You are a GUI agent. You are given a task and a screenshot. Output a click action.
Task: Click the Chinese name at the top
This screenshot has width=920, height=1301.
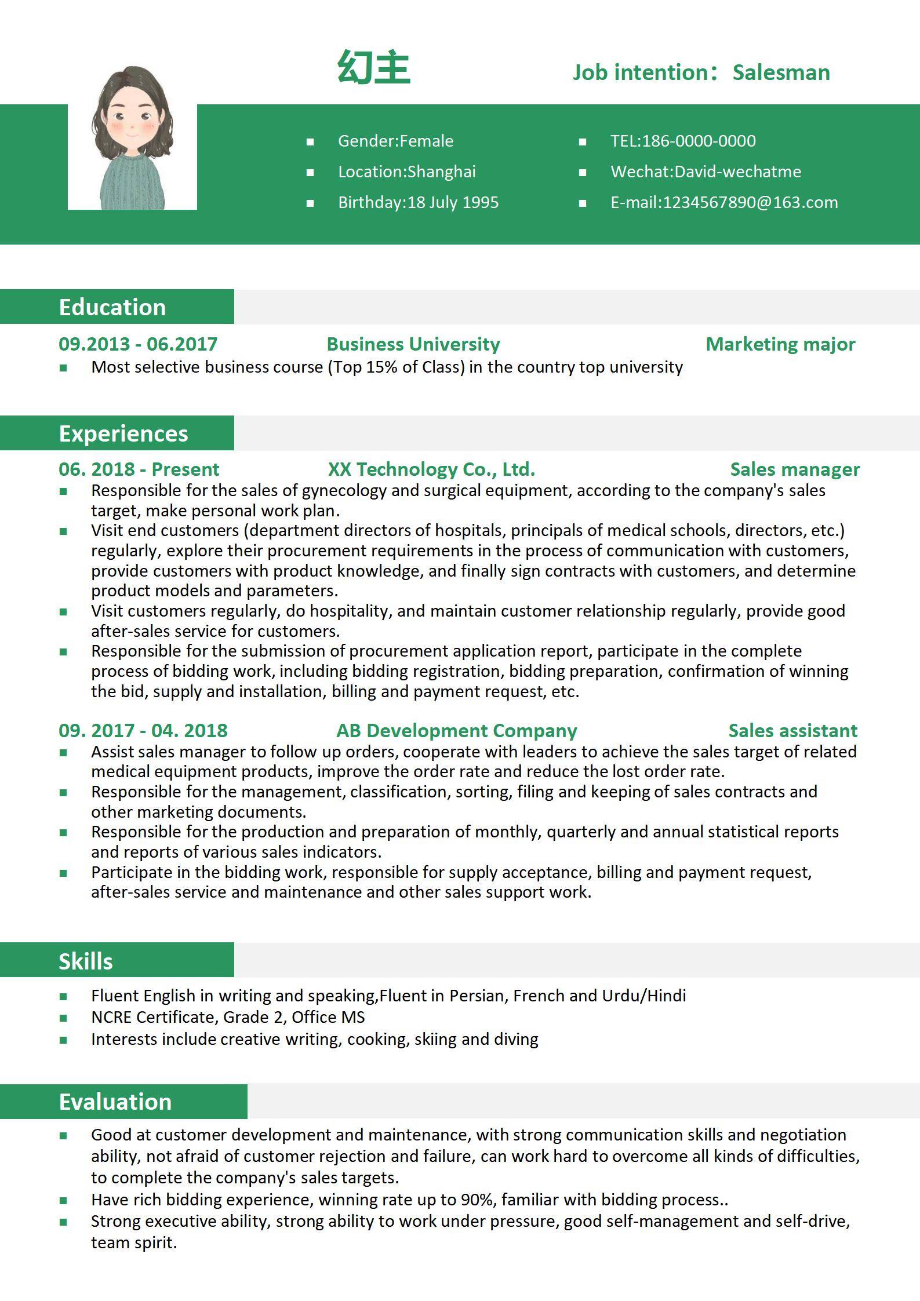(x=374, y=68)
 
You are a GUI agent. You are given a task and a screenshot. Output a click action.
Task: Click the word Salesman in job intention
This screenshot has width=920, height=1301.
(x=781, y=72)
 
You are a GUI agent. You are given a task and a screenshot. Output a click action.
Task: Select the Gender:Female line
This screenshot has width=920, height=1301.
(x=395, y=141)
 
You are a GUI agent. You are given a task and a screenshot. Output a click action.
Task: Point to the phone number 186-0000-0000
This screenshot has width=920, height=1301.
(x=699, y=141)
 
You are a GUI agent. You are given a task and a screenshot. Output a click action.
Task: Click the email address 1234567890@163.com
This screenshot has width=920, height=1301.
(x=750, y=202)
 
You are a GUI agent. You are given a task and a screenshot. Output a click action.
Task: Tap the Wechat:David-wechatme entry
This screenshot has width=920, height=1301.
(x=706, y=172)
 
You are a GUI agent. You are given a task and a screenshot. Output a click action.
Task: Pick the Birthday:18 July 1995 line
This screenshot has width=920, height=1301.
(x=418, y=202)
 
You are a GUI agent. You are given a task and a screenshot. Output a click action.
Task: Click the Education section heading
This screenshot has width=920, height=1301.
(x=112, y=307)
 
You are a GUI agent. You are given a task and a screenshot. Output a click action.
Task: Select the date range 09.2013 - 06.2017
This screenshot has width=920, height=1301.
(x=138, y=344)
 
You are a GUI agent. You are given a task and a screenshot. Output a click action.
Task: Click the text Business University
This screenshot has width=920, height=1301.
(x=413, y=344)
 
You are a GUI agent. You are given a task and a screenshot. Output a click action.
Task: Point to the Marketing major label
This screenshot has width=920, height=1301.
(x=780, y=344)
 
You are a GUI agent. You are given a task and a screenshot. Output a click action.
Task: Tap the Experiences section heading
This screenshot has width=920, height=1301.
(x=123, y=433)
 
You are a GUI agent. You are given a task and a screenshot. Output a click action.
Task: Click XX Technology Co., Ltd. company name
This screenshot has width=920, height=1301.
(x=431, y=469)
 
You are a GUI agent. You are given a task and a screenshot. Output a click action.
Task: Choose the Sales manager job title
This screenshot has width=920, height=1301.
(x=795, y=469)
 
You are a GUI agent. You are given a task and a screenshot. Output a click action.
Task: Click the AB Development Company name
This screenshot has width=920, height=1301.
(x=457, y=730)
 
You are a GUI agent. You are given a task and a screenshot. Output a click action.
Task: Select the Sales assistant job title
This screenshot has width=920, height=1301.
(x=792, y=730)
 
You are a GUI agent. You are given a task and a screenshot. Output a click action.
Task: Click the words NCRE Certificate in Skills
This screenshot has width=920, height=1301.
(x=153, y=1017)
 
